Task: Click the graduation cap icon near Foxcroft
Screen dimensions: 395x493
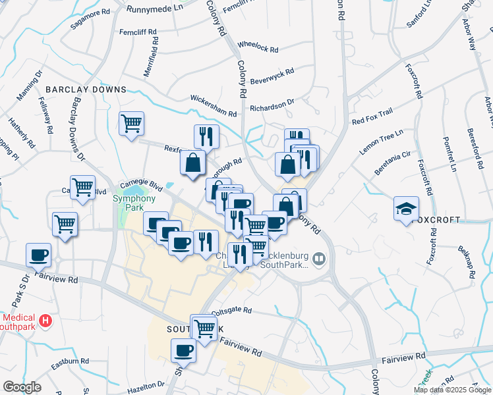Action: tap(406, 209)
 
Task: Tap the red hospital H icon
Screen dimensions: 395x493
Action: tap(45, 321)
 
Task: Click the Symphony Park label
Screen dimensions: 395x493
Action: tap(128, 202)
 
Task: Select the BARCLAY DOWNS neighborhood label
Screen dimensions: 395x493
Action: tap(86, 89)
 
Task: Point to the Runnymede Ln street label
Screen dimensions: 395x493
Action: tap(155, 9)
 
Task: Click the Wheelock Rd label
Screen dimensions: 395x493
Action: tap(258, 49)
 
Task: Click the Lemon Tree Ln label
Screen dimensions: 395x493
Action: tap(381, 143)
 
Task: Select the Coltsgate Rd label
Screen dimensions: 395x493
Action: tap(229, 309)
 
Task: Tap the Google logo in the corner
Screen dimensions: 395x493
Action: tap(22, 387)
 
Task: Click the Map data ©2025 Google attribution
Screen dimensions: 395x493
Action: tap(451, 390)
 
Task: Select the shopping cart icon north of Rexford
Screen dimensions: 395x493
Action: tap(131, 123)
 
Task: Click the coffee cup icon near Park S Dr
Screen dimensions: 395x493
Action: tap(38, 254)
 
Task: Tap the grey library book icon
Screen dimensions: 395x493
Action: tap(320, 257)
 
